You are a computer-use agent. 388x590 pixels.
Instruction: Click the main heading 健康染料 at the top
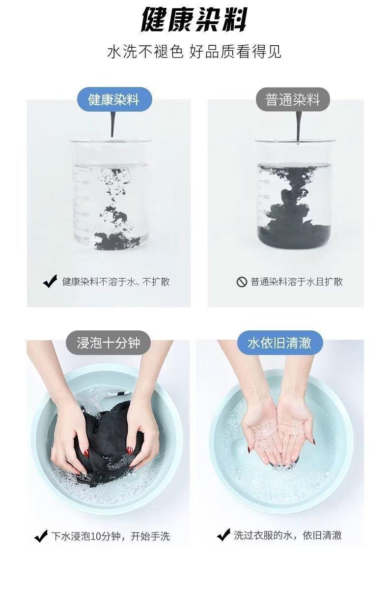click(x=194, y=19)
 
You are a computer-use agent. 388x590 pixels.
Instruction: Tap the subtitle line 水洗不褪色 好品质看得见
click(x=194, y=51)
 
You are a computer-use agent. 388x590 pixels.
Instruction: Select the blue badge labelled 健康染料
click(x=114, y=99)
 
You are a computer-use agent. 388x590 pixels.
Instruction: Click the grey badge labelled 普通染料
click(x=293, y=99)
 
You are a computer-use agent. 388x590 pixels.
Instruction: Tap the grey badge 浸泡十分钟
click(x=108, y=343)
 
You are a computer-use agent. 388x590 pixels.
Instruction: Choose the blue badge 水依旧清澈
click(x=280, y=343)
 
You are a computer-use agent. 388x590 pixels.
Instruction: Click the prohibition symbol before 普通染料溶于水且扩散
click(x=242, y=282)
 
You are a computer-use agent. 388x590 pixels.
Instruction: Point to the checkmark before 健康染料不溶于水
click(x=50, y=281)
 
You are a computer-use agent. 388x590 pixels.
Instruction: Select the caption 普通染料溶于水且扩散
click(x=297, y=282)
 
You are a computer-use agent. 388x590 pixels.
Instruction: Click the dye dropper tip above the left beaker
click(x=112, y=136)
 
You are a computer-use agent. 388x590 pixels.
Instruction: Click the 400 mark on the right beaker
click(x=266, y=181)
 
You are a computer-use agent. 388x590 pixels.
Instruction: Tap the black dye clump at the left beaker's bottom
click(x=116, y=241)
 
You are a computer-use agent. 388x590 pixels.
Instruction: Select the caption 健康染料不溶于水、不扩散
click(x=116, y=282)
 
